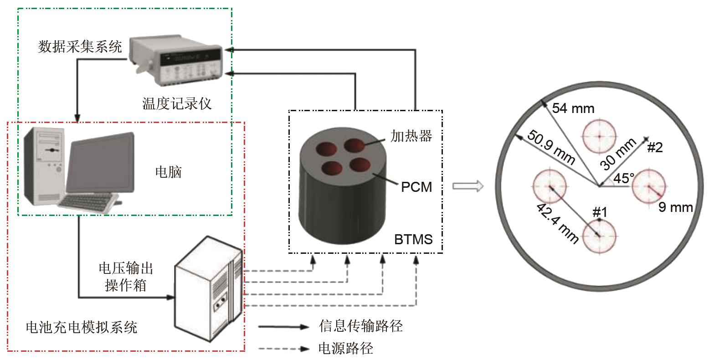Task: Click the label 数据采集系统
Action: coord(80,46)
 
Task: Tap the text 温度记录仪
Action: coord(177,104)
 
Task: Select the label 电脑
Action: coord(169,172)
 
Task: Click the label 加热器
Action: coord(411,136)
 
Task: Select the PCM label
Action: coord(416,187)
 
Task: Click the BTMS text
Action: coord(414,239)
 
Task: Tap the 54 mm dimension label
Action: coord(573,108)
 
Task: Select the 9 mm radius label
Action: coord(676,208)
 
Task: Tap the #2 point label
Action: coord(655,147)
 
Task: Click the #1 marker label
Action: coord(600,212)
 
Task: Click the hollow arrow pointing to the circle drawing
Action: coord(468,186)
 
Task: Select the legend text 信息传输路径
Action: coord(361,326)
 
